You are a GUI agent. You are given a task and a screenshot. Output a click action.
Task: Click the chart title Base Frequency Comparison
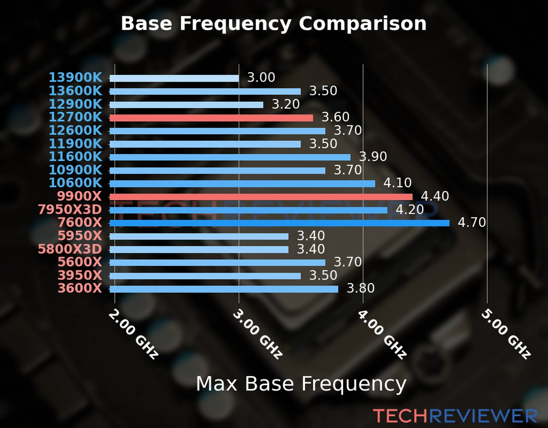[274, 24]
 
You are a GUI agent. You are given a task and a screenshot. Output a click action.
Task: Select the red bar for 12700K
[211, 118]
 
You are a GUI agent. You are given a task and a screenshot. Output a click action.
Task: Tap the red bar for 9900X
[261, 197]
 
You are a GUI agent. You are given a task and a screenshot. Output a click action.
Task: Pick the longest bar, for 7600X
[279, 223]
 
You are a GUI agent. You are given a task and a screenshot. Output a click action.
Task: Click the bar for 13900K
[174, 78]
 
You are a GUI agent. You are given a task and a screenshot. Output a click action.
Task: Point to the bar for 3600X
[224, 289]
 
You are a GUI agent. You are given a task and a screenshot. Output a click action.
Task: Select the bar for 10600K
[242, 184]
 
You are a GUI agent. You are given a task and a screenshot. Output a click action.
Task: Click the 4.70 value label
[472, 223]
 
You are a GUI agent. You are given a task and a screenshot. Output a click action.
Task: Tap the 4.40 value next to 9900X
[435, 196]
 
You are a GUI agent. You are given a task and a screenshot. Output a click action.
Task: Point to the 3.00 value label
[261, 77]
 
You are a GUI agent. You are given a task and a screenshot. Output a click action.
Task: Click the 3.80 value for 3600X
[361, 288]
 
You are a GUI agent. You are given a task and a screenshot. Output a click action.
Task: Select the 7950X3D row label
[70, 210]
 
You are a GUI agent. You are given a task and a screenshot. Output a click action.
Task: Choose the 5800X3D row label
[70, 249]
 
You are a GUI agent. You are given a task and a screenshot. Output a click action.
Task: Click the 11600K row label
[75, 157]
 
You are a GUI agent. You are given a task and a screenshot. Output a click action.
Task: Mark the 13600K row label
[75, 91]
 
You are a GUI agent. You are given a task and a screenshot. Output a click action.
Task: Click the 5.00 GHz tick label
[506, 334]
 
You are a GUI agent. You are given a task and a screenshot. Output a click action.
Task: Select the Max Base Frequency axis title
[301, 384]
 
